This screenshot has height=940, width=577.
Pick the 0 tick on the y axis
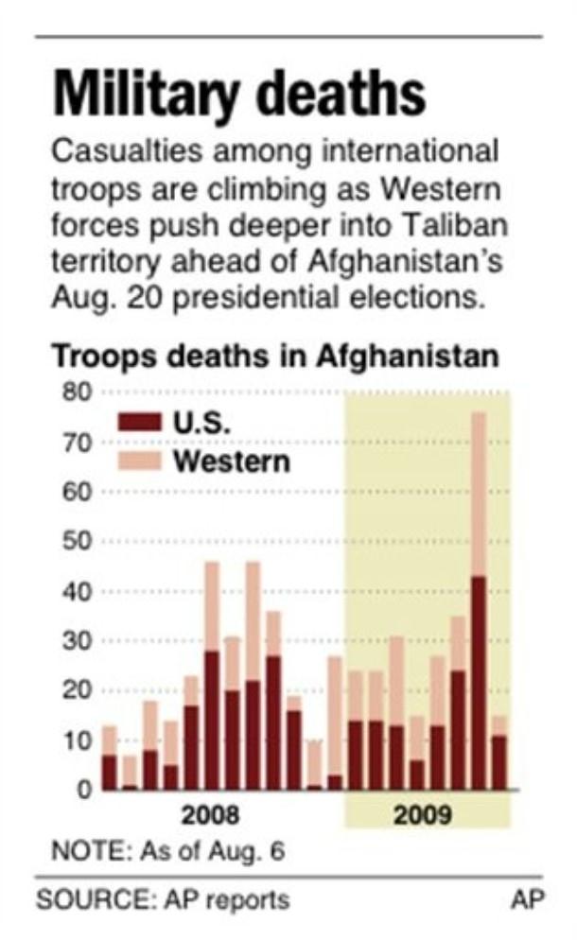[x=83, y=790]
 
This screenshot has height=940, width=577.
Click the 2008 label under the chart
[x=209, y=815]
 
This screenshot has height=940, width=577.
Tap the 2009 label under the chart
[x=423, y=815]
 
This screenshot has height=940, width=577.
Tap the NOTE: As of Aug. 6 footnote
[x=162, y=851]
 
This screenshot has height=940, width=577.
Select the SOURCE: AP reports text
[x=163, y=899]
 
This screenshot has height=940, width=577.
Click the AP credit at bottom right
[x=527, y=899]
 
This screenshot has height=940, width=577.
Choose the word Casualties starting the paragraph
[x=123, y=151]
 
